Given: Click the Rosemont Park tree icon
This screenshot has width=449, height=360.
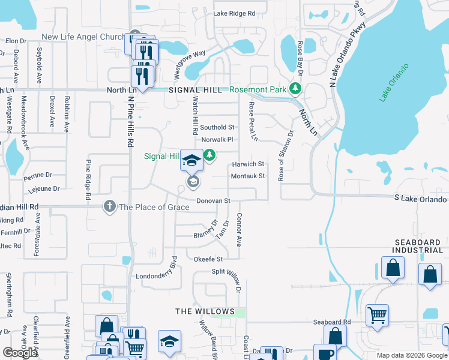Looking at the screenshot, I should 295,89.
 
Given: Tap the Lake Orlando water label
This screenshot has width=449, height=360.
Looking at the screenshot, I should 393,82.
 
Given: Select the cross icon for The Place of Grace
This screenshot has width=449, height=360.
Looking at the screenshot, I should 109,206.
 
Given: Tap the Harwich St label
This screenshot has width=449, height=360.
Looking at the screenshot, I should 247,164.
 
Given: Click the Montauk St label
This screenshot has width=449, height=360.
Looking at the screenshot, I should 247,176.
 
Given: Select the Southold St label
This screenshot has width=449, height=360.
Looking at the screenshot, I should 217,127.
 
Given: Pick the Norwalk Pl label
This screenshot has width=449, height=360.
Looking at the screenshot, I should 217,140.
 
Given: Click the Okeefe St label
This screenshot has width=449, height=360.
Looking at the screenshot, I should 208,259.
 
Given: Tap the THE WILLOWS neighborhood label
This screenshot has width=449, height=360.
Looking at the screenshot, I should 205,311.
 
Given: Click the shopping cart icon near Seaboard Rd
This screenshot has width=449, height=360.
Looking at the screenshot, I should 377,314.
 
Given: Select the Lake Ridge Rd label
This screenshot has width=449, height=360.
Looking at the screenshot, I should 234,13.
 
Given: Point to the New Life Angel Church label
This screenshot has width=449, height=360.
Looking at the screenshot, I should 82,37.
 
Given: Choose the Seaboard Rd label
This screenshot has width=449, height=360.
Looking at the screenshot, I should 331,322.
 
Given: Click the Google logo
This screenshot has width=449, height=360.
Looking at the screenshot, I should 20,352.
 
